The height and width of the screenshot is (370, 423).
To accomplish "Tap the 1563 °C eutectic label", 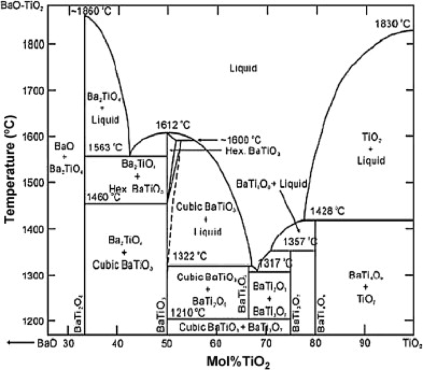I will tap(105, 145).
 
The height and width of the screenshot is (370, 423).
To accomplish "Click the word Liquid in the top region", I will tap(243, 68).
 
